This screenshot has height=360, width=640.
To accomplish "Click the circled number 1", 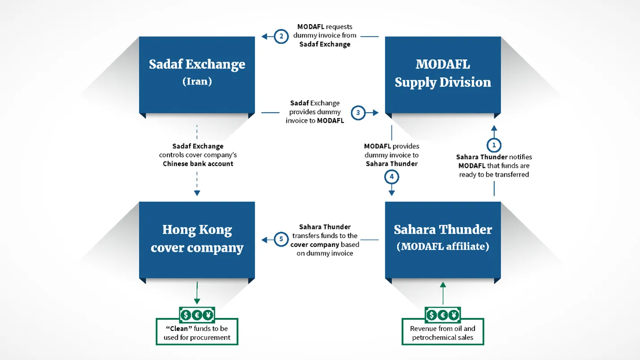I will click(494, 145).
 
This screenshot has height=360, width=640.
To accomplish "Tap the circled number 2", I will click(281, 36).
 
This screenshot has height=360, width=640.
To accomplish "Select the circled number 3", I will click(358, 113).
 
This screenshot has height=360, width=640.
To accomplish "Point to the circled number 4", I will click(392, 177).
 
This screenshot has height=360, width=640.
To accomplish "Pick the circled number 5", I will click(281, 239).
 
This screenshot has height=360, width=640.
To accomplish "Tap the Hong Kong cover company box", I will click(197, 240).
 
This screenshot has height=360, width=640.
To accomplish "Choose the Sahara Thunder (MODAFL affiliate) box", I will click(443, 240).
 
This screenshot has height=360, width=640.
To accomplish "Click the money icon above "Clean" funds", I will click(197, 315).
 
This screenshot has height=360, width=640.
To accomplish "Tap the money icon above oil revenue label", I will click(443, 315).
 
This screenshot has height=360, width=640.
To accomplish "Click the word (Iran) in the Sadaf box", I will click(197, 82).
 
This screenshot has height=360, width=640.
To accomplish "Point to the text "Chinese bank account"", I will click(198, 164).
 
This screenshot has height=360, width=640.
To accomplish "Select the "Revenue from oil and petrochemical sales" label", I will click(443, 333).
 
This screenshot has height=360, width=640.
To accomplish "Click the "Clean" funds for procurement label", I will click(197, 333).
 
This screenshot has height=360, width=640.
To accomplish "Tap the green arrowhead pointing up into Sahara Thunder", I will click(443, 285).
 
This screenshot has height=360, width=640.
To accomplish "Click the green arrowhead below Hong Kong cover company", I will click(197, 301).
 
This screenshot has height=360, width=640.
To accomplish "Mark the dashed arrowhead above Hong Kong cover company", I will click(197, 193).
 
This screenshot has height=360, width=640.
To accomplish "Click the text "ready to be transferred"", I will click(494, 175).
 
